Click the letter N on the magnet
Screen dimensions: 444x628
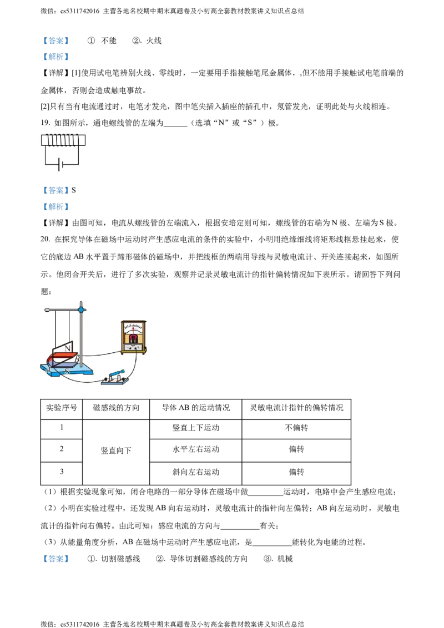[68, 348]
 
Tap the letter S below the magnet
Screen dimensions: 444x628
[67, 370]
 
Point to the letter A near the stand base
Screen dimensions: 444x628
[49, 369]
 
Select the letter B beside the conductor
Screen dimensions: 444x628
[77, 359]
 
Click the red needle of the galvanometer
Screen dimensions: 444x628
[133, 329]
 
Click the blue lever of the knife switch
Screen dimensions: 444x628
[118, 374]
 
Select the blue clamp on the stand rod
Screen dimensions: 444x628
[82, 308]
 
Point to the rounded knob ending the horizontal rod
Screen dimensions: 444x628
[47, 310]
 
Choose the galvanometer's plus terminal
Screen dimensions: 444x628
[139, 347]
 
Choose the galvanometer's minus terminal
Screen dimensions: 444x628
[128, 347]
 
